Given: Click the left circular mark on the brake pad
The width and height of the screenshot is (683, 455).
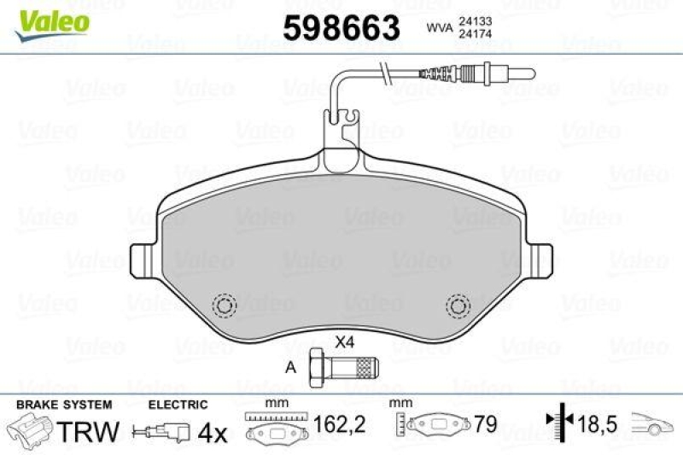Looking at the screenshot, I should tap(226, 306).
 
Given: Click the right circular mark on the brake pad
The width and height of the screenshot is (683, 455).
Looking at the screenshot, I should tap(459, 306).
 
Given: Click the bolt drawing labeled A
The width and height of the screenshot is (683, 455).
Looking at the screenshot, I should tap(342, 370).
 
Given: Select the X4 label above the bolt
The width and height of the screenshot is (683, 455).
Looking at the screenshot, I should tap(344, 343).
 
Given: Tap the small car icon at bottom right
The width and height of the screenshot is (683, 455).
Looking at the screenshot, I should tap(654, 424).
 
